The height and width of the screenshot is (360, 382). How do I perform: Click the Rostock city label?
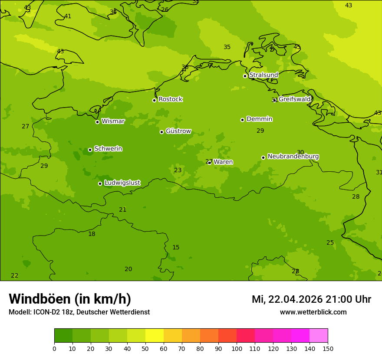(x=170, y=99)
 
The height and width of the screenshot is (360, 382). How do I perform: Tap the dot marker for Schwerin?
(x=90, y=150)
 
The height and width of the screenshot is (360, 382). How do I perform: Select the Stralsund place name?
(x=263, y=75)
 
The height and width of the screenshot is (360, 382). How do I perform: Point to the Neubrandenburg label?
(x=293, y=157)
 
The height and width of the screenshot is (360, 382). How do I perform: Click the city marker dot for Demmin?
(x=242, y=120)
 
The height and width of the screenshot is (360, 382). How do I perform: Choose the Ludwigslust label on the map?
(x=122, y=183)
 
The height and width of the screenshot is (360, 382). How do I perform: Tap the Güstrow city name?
(x=178, y=131)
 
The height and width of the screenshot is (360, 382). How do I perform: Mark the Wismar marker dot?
(x=97, y=122)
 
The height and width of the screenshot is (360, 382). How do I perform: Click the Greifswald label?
(x=294, y=99)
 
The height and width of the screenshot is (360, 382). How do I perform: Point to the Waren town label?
(x=223, y=162)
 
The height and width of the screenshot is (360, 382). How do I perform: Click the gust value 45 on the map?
(x=297, y=47)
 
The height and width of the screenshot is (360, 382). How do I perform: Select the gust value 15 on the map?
(x=176, y=248)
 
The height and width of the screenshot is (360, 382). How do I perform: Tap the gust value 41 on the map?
(x=68, y=16)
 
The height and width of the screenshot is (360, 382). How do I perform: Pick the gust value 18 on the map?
(x=92, y=234)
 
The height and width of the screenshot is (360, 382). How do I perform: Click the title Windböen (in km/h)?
(x=70, y=299)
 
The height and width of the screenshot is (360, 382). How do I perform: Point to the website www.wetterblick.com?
(x=313, y=312)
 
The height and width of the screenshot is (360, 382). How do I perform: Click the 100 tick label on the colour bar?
(x=237, y=349)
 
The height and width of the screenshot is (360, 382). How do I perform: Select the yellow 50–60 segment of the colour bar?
(x=155, y=336)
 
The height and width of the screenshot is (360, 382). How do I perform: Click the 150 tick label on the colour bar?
(x=327, y=349)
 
